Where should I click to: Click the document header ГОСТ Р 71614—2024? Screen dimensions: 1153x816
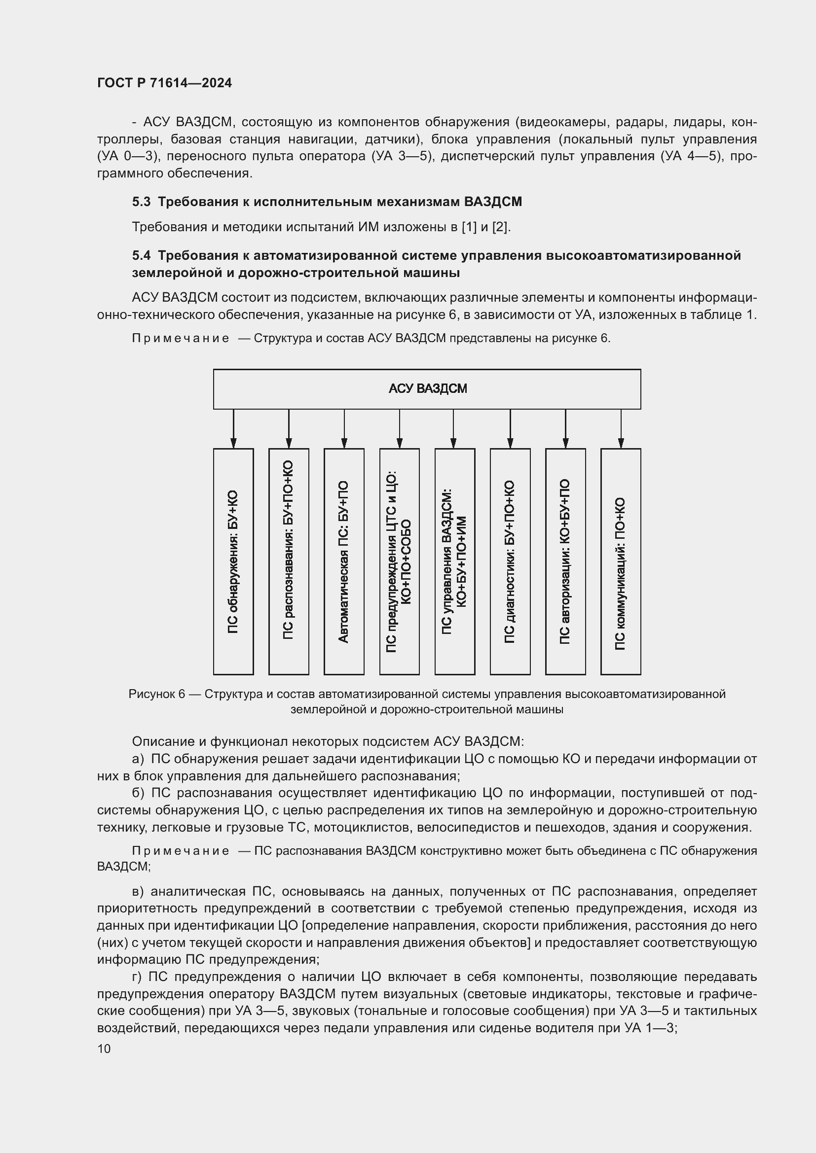click(x=164, y=83)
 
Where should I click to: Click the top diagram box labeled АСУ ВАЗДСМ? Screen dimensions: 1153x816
click(x=427, y=388)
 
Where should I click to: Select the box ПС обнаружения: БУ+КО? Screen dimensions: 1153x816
click(x=233, y=561)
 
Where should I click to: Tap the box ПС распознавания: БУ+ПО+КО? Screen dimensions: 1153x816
click(x=289, y=561)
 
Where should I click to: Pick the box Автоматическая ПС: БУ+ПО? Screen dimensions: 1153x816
click(x=344, y=561)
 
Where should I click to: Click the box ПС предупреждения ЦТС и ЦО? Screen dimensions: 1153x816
click(x=400, y=561)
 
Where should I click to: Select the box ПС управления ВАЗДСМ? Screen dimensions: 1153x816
click(x=454, y=561)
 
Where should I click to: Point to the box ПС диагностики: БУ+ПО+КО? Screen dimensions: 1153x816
click(x=510, y=561)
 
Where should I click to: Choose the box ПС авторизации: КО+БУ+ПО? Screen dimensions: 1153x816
click(x=565, y=561)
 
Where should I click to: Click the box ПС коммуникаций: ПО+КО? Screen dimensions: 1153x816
click(x=621, y=561)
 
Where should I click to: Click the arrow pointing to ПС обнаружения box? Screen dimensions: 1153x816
click(x=233, y=429)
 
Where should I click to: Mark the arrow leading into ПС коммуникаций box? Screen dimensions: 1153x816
click(x=621, y=429)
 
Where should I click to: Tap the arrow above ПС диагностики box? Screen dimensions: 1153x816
click(x=510, y=429)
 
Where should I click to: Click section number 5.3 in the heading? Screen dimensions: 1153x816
click(x=141, y=202)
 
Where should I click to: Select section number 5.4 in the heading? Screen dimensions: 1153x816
click(x=141, y=256)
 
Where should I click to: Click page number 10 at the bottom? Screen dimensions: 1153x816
click(x=104, y=1048)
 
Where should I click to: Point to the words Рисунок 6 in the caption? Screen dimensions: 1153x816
click(x=156, y=695)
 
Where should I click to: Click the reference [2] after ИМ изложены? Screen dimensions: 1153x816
click(x=499, y=227)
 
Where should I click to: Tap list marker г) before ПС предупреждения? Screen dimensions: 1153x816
click(x=138, y=977)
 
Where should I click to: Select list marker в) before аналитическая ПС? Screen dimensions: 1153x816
click(x=138, y=891)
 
